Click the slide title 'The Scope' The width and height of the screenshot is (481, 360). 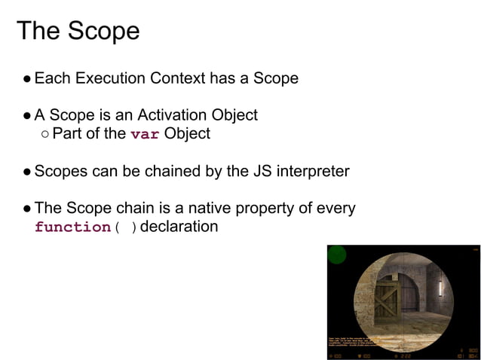click(x=78, y=31)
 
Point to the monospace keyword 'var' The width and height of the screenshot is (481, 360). click(x=145, y=135)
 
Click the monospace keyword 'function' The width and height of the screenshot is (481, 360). click(x=72, y=227)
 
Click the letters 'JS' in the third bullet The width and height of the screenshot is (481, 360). click(x=242, y=171)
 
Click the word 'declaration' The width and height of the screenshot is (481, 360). click(x=179, y=227)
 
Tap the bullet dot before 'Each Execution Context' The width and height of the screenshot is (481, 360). click(x=27, y=78)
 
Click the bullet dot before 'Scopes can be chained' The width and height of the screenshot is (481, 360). click(x=27, y=172)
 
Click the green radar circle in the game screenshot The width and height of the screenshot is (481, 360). click(x=337, y=255)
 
